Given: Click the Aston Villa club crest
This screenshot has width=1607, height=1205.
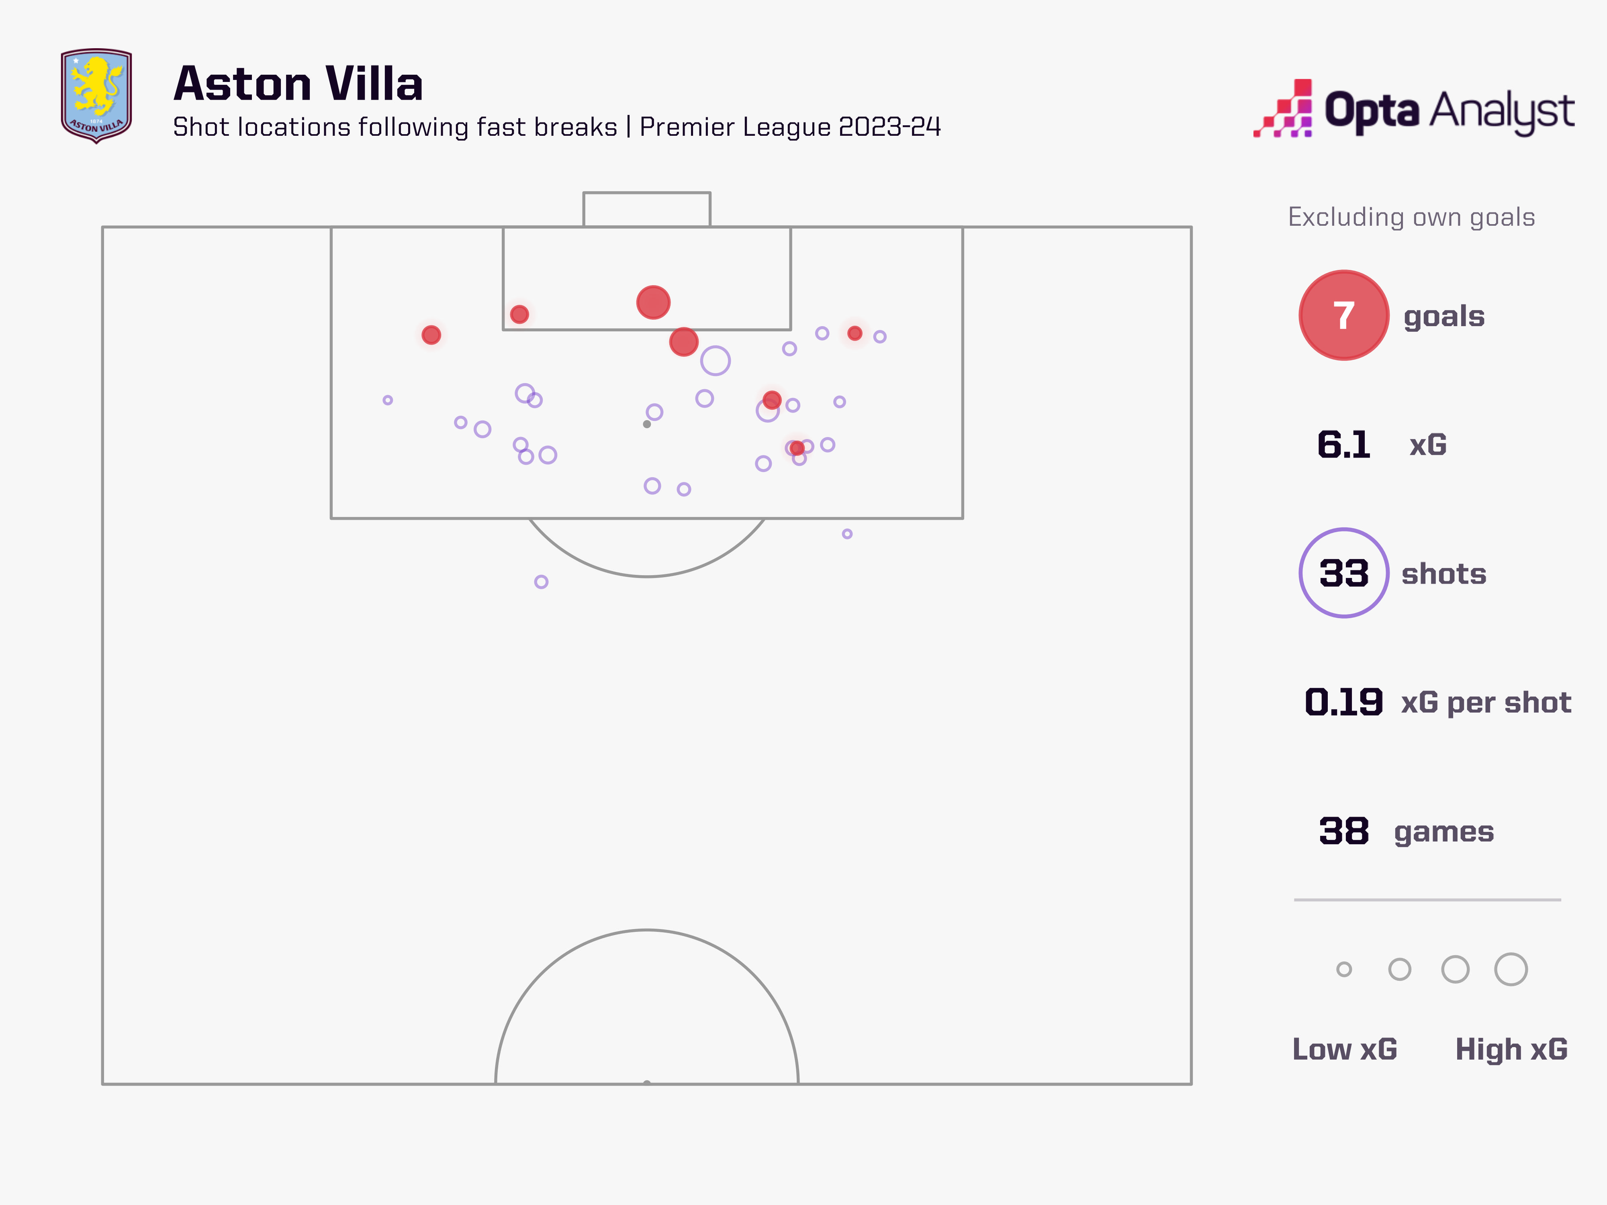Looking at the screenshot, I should (96, 95).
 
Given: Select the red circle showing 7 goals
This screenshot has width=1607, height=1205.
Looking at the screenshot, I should (1343, 315).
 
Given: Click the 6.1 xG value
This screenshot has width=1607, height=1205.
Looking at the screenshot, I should (1343, 445).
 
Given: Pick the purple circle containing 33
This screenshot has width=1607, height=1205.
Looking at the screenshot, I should (1343, 573).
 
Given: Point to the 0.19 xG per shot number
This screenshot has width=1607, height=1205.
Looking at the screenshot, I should (1343, 702).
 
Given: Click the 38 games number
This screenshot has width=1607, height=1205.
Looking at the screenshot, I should (1343, 831).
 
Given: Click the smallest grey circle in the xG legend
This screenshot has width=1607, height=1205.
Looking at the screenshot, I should (1344, 969).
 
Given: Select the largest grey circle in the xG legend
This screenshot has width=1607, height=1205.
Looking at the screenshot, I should (1511, 969).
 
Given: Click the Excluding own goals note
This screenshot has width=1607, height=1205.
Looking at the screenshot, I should (1411, 217).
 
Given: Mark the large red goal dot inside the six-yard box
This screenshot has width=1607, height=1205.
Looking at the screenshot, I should (653, 302).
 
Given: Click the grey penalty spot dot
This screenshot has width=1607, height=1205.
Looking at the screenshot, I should (646, 424).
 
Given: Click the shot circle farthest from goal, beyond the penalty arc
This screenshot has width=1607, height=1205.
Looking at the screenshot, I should (541, 582).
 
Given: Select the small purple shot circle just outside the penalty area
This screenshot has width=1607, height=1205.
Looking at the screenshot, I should (847, 534).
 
